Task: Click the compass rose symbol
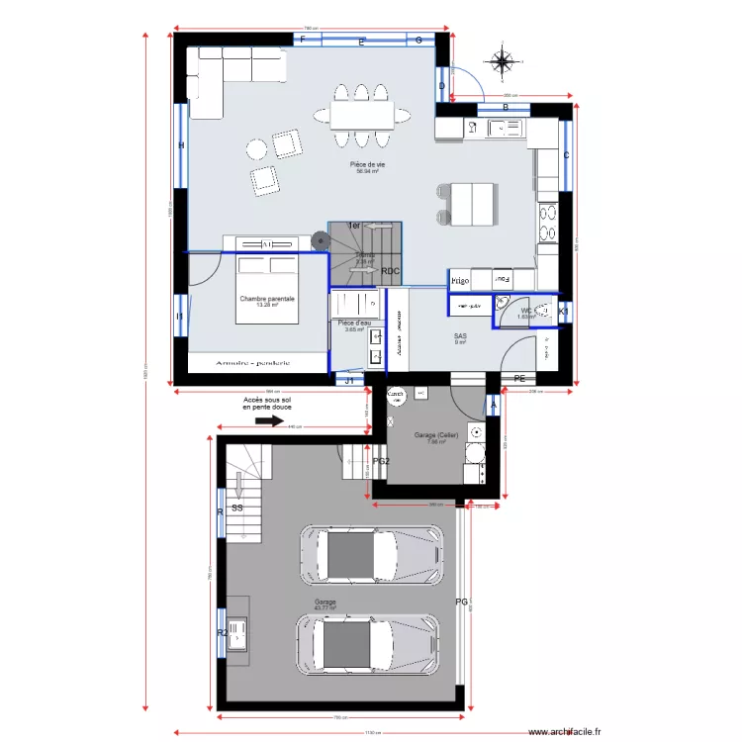coord(503,62)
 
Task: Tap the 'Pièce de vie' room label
coord(368,164)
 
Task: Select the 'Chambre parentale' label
coord(267,298)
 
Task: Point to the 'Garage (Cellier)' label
coord(434,435)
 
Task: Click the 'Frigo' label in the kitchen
coord(459,281)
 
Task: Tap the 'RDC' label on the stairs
coord(391,271)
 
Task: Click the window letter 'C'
coord(567,155)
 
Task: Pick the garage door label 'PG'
coord(461,602)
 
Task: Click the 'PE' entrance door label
coord(519,379)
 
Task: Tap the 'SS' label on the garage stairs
coord(237,508)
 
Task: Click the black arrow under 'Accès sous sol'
coord(269,420)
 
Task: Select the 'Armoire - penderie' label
coord(255,363)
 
